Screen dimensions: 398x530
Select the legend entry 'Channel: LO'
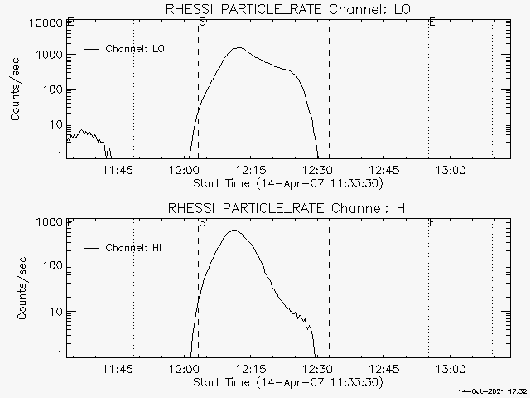coord(136,49)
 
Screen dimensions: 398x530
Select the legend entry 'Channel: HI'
coord(136,248)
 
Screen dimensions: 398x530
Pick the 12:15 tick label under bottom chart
coord(250,369)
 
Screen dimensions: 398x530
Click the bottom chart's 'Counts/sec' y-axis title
coord(17,288)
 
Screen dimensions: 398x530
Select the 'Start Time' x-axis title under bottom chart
coord(287,382)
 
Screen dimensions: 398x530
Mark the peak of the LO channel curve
coord(238,48)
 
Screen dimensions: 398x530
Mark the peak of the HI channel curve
coord(234,231)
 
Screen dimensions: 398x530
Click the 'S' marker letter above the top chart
coord(202,22)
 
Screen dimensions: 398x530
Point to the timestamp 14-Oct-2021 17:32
coord(494,391)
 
